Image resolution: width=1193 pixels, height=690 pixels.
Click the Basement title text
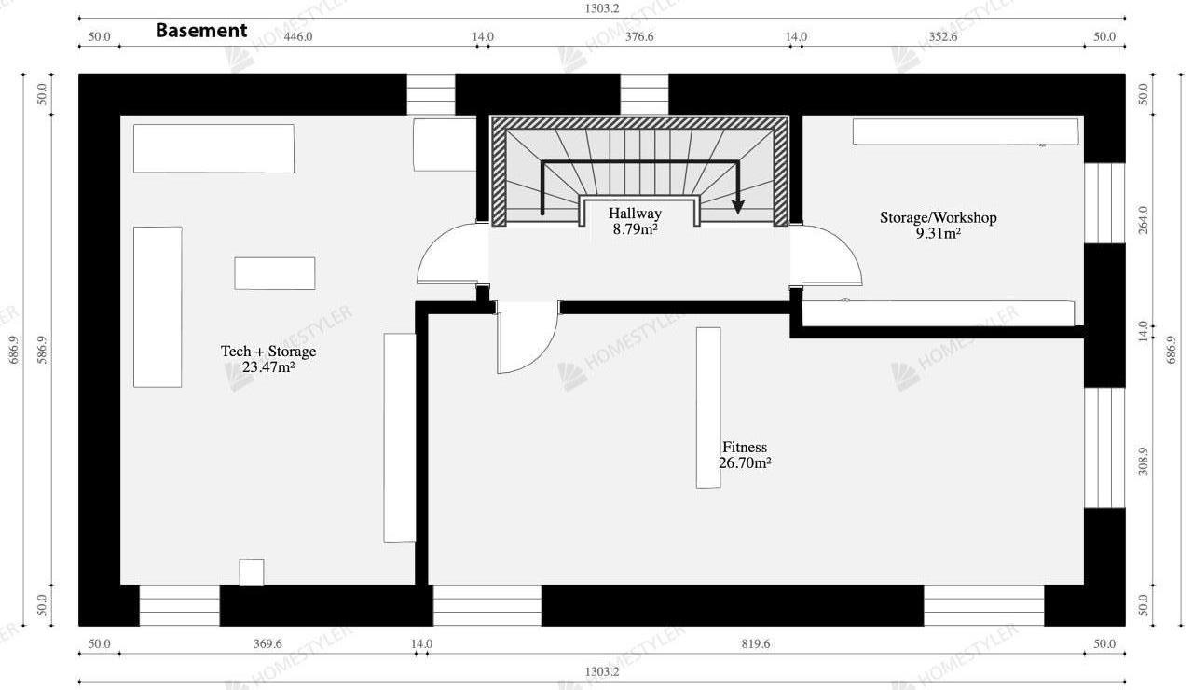[201, 31]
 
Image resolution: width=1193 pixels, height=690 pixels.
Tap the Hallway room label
[635, 214]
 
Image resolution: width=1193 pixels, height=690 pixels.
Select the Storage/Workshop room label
[938, 217]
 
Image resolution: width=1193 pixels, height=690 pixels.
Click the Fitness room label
[745, 447]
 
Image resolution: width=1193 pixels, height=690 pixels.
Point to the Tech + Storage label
[268, 352]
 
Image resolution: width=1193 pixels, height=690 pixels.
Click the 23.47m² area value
[268, 367]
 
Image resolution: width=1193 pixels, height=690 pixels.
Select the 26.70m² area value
[745, 463]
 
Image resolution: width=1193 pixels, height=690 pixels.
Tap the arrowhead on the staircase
[737, 207]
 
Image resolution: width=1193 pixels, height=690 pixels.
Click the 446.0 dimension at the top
[298, 36]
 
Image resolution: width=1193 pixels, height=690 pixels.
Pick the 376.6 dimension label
[639, 36]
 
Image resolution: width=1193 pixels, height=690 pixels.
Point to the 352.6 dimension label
[943, 36]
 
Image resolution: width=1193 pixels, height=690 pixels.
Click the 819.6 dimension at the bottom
[756, 643]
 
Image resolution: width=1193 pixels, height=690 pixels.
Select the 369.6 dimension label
[267, 643]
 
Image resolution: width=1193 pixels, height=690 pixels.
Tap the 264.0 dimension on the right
[1143, 220]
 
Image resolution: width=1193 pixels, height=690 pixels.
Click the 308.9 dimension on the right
[1143, 462]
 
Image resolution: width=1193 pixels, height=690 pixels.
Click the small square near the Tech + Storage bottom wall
[252, 573]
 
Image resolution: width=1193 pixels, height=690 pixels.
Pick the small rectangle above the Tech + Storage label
[275, 273]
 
